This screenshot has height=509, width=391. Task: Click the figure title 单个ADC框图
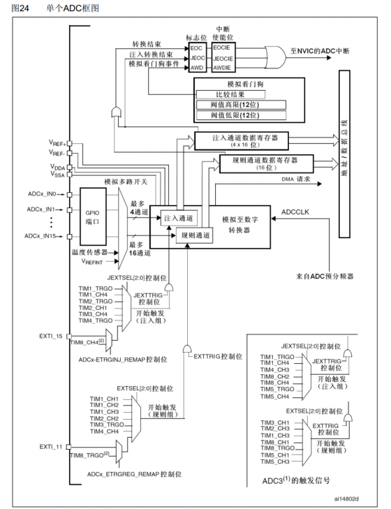[71, 8]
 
